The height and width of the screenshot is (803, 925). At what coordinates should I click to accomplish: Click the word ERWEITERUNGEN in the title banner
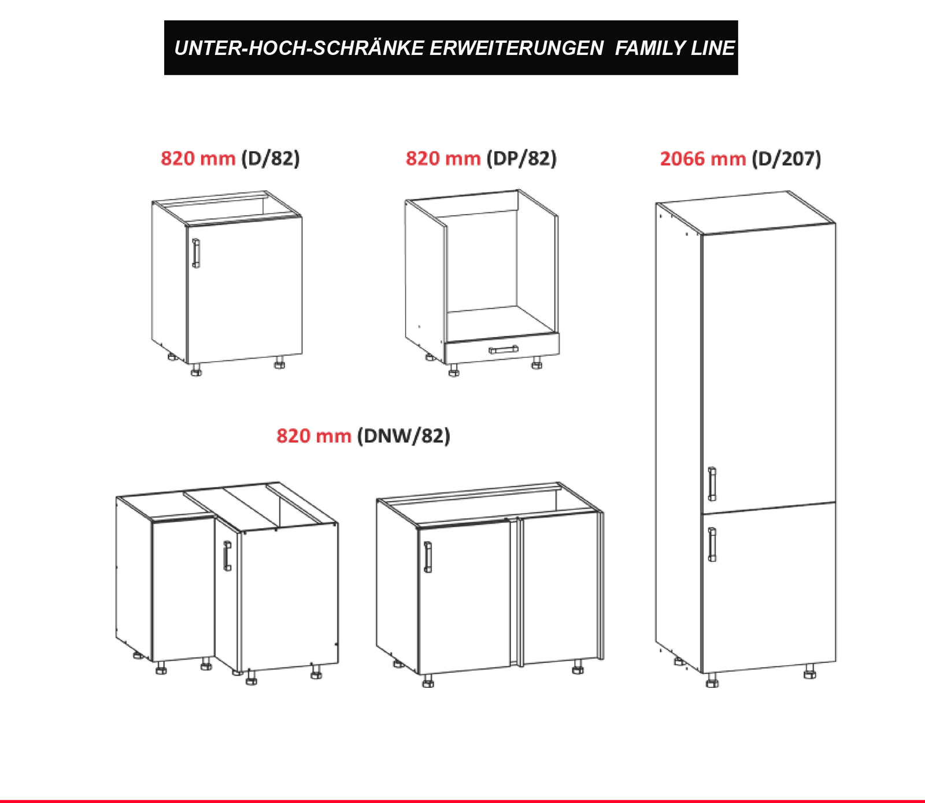click(516, 48)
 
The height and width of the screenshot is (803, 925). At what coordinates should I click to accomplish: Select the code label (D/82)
click(271, 159)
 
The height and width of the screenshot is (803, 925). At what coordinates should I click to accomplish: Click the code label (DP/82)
click(521, 159)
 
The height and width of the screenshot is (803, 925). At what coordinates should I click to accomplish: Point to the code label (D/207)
click(786, 159)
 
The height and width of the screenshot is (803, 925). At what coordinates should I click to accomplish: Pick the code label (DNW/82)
click(404, 436)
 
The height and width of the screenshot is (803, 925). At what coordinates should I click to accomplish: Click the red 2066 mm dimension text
click(703, 159)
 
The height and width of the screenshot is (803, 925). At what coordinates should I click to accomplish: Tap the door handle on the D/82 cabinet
click(196, 253)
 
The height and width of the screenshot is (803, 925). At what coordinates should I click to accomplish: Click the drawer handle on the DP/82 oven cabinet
click(503, 349)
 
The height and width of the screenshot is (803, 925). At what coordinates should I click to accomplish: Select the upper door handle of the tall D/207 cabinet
click(712, 484)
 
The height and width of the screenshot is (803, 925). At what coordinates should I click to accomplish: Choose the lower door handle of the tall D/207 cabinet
click(712, 544)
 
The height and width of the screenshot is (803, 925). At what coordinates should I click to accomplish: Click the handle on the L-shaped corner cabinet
click(227, 556)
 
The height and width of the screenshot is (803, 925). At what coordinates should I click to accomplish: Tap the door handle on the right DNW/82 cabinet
click(428, 557)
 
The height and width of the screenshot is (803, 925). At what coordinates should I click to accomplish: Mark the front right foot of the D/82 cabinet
click(280, 363)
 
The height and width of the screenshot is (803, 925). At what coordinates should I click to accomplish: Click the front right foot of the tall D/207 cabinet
click(809, 672)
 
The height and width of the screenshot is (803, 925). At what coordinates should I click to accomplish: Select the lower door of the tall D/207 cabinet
click(769, 587)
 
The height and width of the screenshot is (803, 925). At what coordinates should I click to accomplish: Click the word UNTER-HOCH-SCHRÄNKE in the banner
click(299, 48)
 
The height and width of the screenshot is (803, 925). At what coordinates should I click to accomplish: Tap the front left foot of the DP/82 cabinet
click(454, 370)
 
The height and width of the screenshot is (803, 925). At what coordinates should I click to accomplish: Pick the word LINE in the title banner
click(713, 48)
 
